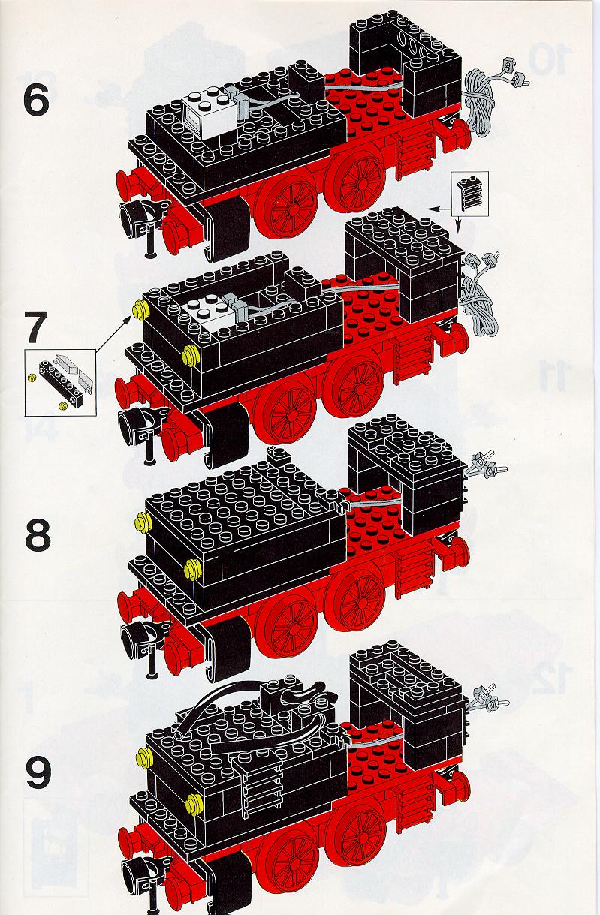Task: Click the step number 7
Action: pyautogui.click(x=36, y=327)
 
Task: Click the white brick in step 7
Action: pyautogui.click(x=207, y=314)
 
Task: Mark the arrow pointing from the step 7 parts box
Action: pyautogui.click(x=113, y=333)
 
